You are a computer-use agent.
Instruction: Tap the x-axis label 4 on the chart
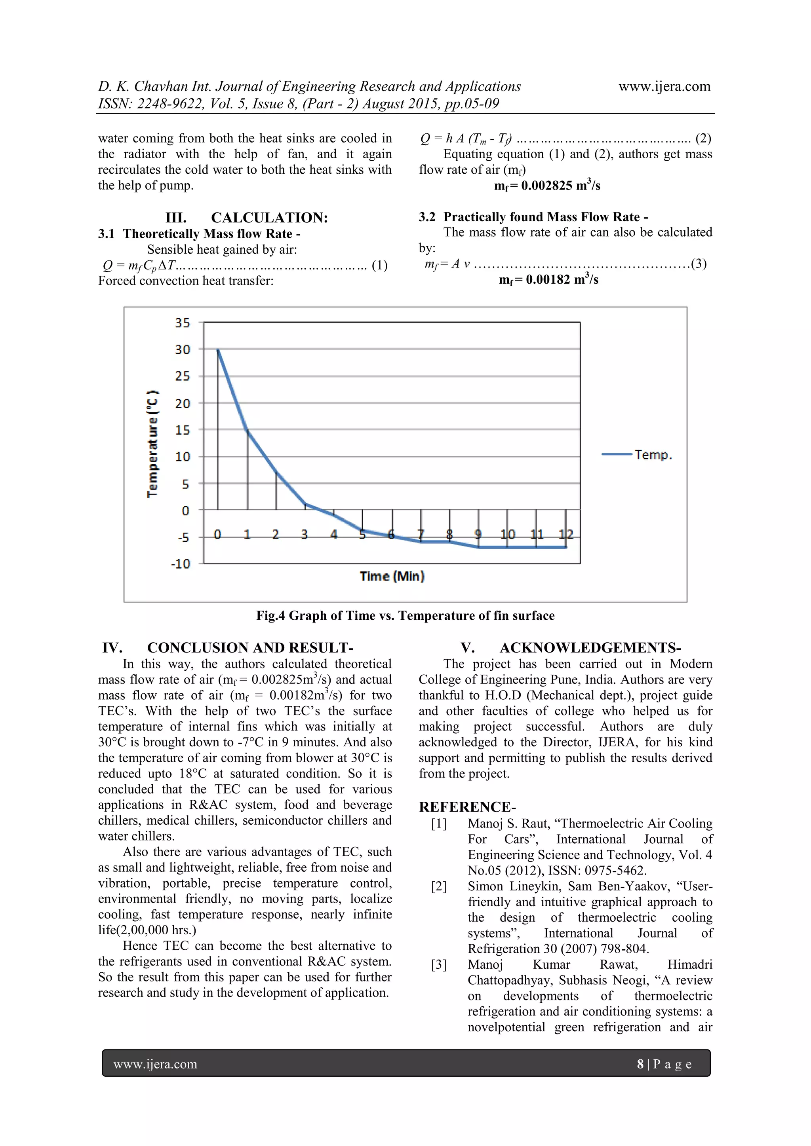click(x=333, y=535)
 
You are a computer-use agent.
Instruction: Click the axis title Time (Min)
click(x=392, y=577)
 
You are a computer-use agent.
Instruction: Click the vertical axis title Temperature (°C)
click(x=152, y=443)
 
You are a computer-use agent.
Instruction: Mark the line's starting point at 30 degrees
click(x=218, y=349)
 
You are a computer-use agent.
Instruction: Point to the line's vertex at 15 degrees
click(x=247, y=430)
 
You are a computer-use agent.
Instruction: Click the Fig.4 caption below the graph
click(x=405, y=615)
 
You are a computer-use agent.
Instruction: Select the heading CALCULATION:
click(x=269, y=218)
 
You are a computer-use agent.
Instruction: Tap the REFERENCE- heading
click(x=467, y=807)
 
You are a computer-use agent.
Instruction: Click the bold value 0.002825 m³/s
click(x=547, y=186)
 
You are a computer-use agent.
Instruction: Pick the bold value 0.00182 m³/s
click(x=548, y=279)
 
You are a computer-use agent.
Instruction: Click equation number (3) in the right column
click(x=698, y=264)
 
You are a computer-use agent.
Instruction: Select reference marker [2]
click(x=439, y=886)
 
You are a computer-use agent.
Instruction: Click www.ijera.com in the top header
click(x=664, y=86)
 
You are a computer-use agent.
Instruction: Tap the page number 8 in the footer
click(x=640, y=1064)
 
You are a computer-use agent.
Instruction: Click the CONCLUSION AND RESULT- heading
click(x=250, y=648)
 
